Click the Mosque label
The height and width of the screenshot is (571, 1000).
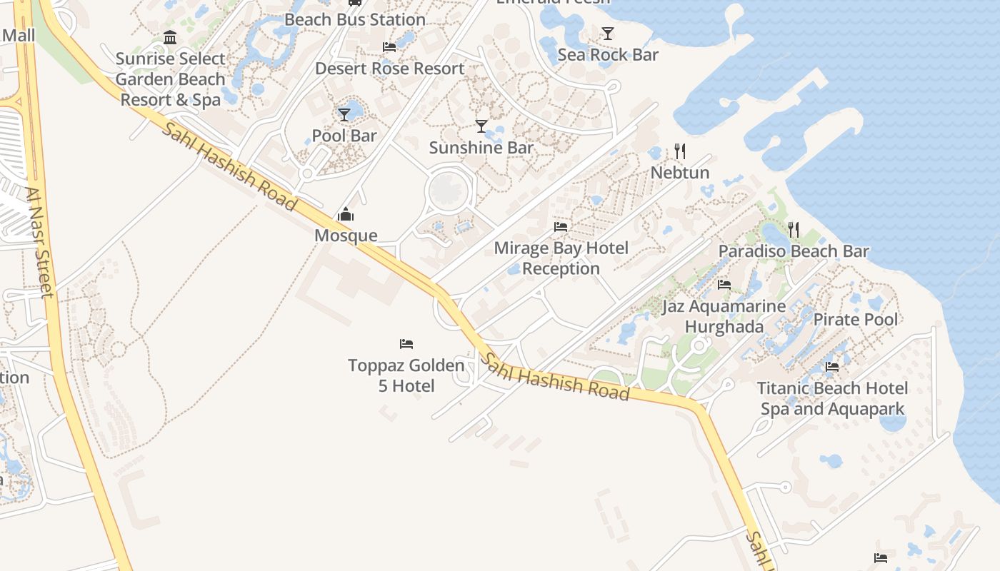click(x=346, y=236)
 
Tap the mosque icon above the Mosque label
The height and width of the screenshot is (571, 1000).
click(x=346, y=214)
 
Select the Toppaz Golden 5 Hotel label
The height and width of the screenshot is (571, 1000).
click(x=406, y=375)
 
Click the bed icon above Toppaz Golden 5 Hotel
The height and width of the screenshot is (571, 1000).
click(x=406, y=344)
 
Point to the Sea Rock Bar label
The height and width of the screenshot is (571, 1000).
click(x=608, y=55)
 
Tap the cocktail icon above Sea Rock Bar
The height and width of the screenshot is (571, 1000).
click(x=608, y=33)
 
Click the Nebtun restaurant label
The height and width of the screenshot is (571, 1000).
click(x=679, y=173)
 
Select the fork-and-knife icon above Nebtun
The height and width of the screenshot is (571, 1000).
click(x=680, y=151)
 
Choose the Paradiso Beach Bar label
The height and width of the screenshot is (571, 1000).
click(x=794, y=251)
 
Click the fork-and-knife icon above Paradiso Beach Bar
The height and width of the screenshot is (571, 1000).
click(x=794, y=229)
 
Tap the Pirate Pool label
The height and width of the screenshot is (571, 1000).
click(x=856, y=319)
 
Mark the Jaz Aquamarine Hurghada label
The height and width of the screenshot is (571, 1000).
click(x=724, y=316)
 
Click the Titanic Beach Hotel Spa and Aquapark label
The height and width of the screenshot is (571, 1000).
click(x=832, y=398)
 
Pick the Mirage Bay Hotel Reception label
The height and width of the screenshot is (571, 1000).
click(x=561, y=258)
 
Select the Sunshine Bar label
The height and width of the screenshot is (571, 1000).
click(x=481, y=148)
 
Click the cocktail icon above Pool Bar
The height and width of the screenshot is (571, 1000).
click(x=344, y=114)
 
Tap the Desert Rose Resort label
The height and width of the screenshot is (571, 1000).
click(x=390, y=69)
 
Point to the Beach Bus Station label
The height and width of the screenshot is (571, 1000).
click(x=355, y=19)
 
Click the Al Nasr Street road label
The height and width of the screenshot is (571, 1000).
click(x=39, y=243)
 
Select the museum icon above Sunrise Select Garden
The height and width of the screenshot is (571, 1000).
click(x=170, y=38)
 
